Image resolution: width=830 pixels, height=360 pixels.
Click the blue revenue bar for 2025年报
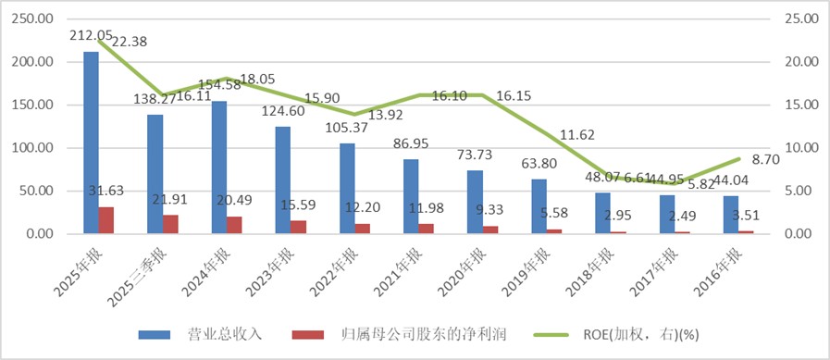coord(91,143)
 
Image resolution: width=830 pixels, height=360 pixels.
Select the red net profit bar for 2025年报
coord(107,220)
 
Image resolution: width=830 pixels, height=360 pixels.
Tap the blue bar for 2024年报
coord(219,168)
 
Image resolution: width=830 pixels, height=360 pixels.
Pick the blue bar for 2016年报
coord(731,215)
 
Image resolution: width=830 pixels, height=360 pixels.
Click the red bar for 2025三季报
coord(172,224)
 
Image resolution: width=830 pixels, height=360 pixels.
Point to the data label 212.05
coord(91,36)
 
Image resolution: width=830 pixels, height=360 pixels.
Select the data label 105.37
coord(346,128)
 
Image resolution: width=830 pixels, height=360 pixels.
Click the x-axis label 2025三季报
coord(144,272)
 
